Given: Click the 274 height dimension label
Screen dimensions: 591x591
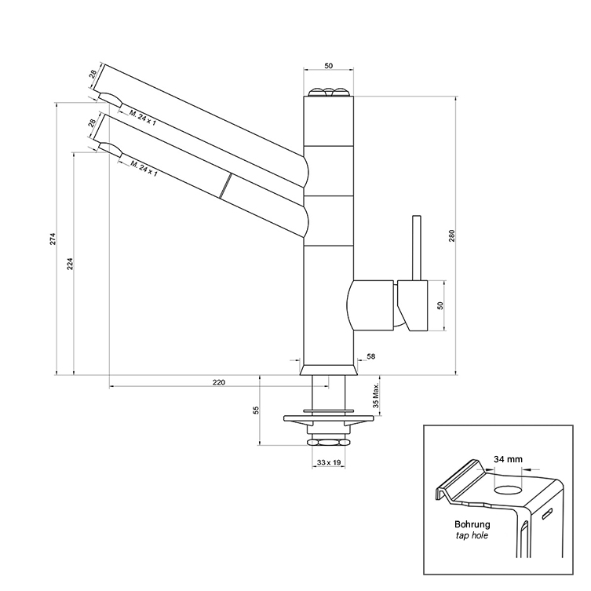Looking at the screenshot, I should [52, 238].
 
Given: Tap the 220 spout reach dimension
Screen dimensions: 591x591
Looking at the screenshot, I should [218, 382].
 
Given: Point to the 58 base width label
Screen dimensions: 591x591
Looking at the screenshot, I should [370, 357].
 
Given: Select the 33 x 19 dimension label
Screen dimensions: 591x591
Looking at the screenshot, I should [329, 463].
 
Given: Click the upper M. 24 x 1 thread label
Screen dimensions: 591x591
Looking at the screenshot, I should [143, 118].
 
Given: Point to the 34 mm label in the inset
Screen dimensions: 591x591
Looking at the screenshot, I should [508, 458].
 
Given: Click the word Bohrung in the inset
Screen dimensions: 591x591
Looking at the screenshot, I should [472, 524].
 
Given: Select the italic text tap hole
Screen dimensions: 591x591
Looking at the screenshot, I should [472, 537].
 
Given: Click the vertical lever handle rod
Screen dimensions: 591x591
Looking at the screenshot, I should [417, 247].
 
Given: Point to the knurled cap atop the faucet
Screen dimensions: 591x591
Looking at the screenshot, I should [327, 93].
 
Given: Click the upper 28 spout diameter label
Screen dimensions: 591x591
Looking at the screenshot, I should [93, 76].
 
